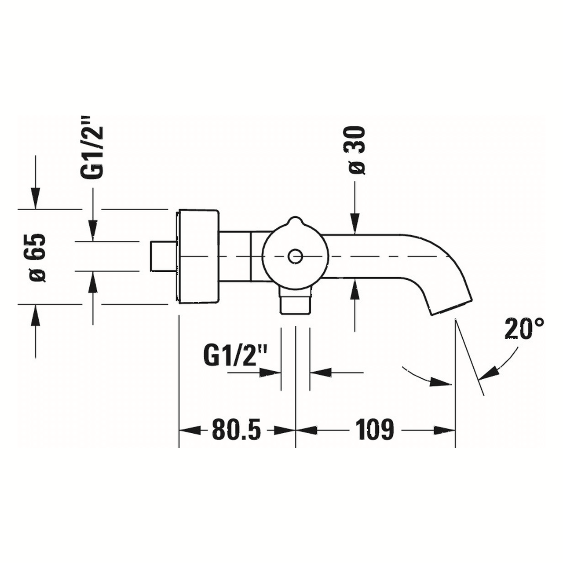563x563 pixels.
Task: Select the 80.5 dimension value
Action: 236,430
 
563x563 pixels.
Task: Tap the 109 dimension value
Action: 374,430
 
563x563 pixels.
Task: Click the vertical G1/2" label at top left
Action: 92,147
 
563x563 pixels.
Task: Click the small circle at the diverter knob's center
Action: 295,256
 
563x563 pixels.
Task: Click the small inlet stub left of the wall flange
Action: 163,256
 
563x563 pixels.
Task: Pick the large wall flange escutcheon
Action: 198,256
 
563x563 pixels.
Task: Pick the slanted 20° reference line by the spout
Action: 470,358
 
